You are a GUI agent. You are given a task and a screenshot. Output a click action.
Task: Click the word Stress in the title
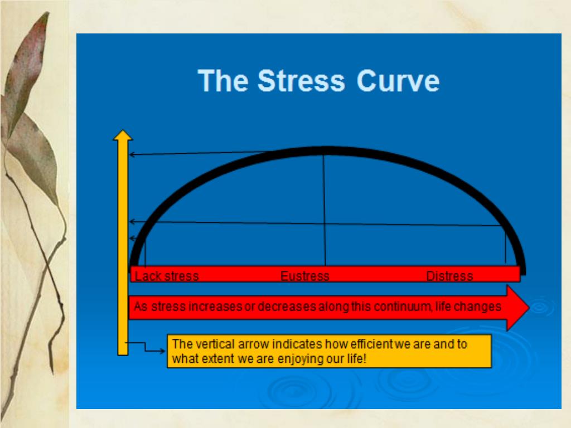(x=301, y=80)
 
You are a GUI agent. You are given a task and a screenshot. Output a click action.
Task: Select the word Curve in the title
(x=398, y=80)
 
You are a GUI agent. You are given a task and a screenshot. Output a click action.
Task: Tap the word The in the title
(x=223, y=80)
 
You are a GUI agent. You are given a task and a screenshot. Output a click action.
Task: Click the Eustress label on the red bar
(x=305, y=276)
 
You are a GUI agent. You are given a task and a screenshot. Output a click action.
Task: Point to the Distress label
(x=449, y=276)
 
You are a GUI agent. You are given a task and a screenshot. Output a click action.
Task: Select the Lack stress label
(x=167, y=276)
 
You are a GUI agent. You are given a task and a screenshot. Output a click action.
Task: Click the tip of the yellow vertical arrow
(x=123, y=130)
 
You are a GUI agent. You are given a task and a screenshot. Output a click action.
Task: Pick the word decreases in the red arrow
(x=287, y=307)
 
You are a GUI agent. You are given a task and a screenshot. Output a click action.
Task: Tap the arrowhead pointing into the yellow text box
(x=162, y=351)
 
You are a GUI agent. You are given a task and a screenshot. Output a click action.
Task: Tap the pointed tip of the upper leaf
(x=48, y=12)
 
